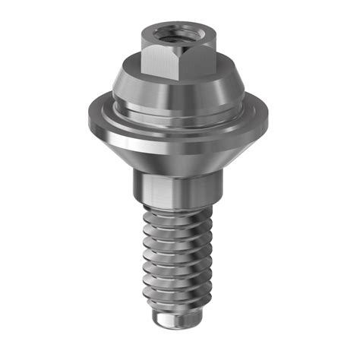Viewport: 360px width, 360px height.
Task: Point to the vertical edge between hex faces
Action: (x=177, y=62)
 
